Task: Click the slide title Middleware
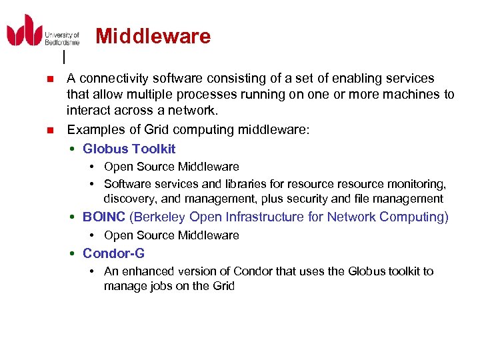pos(153,36)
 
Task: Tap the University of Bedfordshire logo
pos(43,31)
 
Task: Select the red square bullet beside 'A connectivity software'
pos(49,79)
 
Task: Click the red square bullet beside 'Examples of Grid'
pos(49,129)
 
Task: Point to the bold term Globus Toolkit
pos(129,149)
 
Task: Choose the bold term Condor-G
pos(113,253)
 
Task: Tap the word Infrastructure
pos(258,217)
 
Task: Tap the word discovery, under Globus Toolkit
pos(129,199)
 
